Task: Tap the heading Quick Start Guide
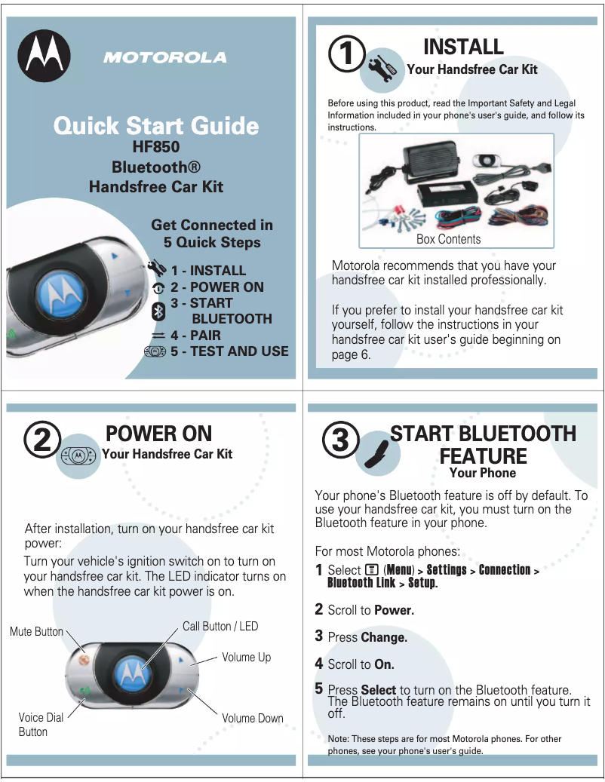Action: click(156, 125)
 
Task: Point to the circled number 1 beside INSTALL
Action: click(346, 54)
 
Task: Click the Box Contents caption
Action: click(448, 239)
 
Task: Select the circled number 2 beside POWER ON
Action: click(42, 441)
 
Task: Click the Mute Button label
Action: click(36, 631)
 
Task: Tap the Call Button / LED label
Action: click(220, 626)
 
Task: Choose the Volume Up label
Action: click(246, 658)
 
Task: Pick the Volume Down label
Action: click(252, 718)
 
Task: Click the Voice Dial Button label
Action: click(41, 725)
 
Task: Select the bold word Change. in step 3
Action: click(384, 637)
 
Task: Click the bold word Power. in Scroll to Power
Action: click(394, 610)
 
